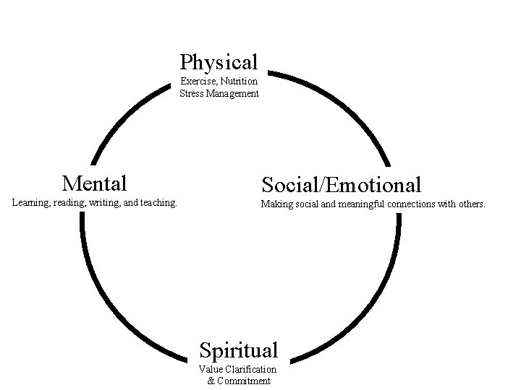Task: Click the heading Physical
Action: click(219, 62)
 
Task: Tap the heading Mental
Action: click(95, 182)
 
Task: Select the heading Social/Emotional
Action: click(342, 184)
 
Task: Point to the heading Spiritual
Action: click(238, 350)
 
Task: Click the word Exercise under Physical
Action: click(196, 82)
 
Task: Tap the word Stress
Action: click(192, 93)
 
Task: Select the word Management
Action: click(233, 93)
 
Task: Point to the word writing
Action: click(99, 204)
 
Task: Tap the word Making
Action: click(276, 204)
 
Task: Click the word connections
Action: click(414, 204)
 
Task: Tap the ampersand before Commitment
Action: click(211, 381)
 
